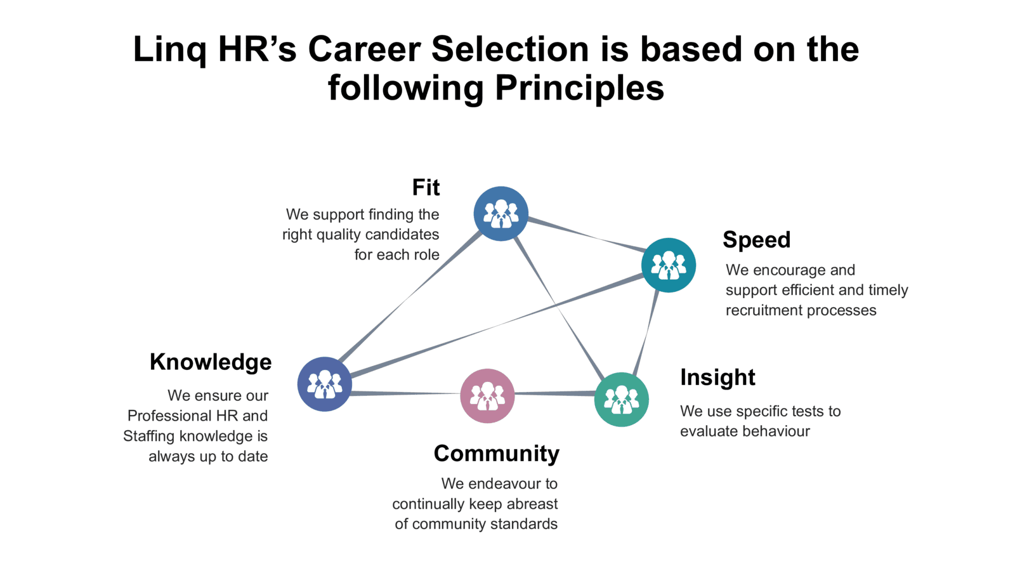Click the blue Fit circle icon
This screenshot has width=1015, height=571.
501,213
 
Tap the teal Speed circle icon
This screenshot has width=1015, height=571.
669,265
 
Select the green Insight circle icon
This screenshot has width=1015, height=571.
621,400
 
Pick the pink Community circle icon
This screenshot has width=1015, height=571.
488,396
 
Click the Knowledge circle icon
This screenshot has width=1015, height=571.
324,384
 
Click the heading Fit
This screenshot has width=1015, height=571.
426,187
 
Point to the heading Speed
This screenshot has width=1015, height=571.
757,240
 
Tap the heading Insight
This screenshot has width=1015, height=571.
717,377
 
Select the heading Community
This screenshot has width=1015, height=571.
497,454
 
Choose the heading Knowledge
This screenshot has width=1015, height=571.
211,362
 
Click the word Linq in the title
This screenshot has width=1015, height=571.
170,50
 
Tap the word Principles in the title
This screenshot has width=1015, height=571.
580,88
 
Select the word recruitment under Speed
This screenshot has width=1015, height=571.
764,310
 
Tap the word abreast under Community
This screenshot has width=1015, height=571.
532,504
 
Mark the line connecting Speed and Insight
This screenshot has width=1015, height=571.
646,332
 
